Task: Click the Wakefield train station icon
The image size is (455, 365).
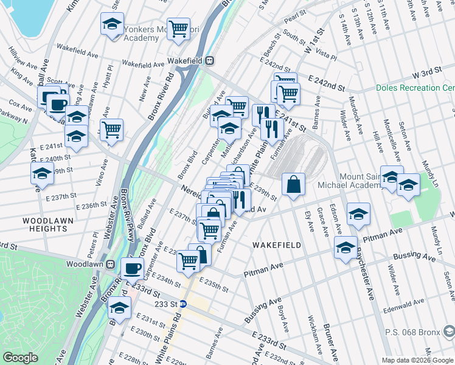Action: click(209, 61)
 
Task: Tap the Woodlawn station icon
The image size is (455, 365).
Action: click(111, 265)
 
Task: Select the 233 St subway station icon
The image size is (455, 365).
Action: click(190, 304)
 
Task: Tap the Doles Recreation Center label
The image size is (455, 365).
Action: click(415, 88)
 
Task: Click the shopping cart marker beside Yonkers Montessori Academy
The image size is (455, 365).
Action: click(178, 27)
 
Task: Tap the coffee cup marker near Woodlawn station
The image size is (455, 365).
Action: click(132, 268)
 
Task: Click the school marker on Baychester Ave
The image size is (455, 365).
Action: click(346, 248)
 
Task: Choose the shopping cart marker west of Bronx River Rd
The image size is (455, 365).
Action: click(111, 130)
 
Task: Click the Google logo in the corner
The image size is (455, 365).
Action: click(20, 358)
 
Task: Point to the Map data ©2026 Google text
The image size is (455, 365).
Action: click(417, 360)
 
